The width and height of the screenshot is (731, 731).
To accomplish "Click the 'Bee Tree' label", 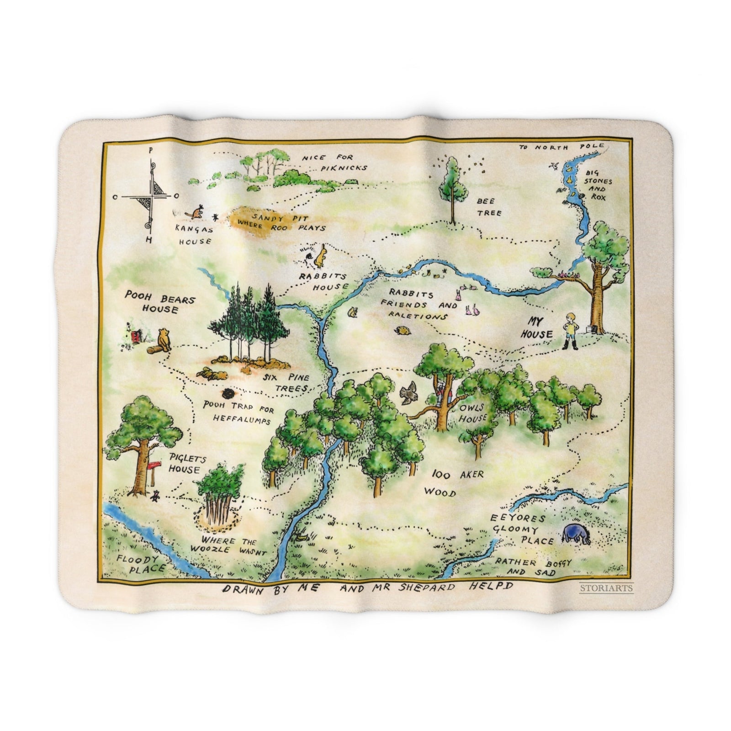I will pos(489,207).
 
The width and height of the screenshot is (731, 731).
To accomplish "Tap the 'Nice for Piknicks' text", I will pos(334,163).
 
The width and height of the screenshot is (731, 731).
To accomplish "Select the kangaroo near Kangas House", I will pos(197,212).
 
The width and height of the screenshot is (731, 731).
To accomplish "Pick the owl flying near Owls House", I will pos(408,392).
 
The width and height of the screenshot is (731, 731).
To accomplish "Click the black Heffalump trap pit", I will pos(228,394).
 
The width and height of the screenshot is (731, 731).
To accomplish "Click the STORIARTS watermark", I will pos(606,588).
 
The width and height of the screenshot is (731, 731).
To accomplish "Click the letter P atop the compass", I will pos(151,149).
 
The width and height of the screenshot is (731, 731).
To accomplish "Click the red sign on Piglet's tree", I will pos(154,465).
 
